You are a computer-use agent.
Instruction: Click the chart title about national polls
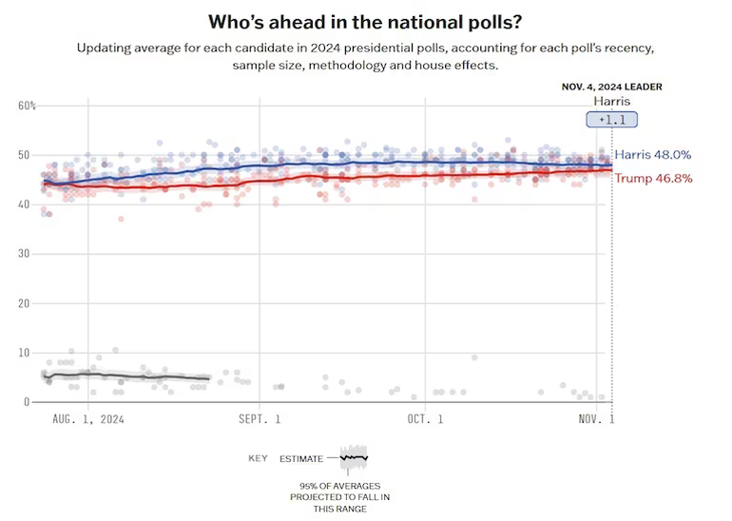(x=365, y=20)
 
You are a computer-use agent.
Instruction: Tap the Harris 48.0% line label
(x=652, y=154)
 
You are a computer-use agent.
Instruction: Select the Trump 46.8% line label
(x=653, y=178)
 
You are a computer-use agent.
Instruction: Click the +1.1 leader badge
(x=611, y=120)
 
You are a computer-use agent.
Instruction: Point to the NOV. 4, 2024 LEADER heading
(x=611, y=87)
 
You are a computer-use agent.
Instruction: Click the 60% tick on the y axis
(x=27, y=106)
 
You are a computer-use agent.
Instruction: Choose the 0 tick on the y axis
(x=27, y=402)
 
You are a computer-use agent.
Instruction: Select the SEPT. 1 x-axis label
(x=260, y=418)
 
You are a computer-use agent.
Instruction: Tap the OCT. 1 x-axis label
(x=426, y=418)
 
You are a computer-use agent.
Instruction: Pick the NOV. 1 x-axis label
(x=597, y=418)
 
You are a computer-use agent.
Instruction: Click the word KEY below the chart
(x=258, y=458)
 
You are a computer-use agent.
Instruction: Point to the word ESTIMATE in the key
(x=301, y=458)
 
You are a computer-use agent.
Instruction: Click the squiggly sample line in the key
(x=354, y=457)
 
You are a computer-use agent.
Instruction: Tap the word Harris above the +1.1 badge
(x=611, y=101)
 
